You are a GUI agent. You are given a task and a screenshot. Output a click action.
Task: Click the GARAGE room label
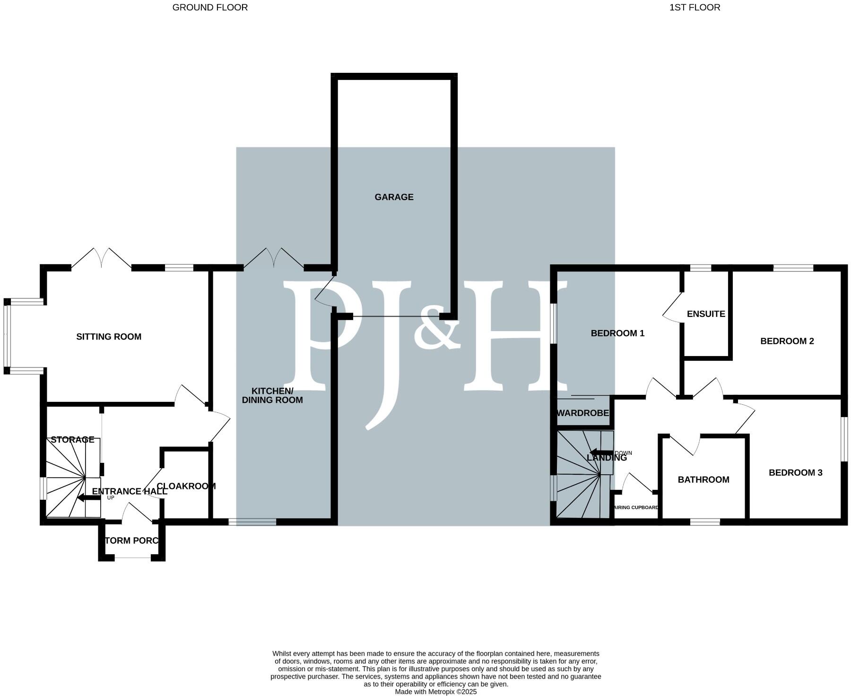pos(394,197)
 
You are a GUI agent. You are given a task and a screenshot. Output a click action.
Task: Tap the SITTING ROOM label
pos(109,337)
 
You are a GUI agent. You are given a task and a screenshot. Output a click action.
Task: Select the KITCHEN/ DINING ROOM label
pos(272,395)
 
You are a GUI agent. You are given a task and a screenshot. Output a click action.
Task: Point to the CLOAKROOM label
pos(186,486)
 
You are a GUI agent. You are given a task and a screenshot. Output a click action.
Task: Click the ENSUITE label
pos(706,314)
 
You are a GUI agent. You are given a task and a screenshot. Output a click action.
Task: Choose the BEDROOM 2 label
pos(787,341)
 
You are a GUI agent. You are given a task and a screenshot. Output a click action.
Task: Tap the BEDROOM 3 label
pos(795,472)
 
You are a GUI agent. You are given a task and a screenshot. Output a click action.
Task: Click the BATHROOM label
pos(703,479)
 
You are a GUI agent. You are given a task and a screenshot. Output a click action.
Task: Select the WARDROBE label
pos(582,413)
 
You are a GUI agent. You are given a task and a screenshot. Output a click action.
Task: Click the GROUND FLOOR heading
pos(210,8)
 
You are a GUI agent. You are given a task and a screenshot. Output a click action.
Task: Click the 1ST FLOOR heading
pos(695,8)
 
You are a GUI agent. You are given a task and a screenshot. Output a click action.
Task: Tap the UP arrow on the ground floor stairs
pos(89,497)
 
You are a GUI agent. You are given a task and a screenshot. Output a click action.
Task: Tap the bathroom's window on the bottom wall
pos(704,522)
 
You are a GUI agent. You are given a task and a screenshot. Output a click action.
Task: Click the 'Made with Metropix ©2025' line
pos(435,691)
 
